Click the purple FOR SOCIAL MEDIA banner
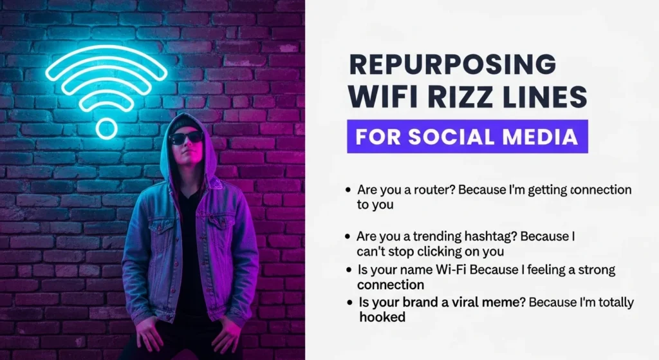point(467,137)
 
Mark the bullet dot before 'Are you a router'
point(348,191)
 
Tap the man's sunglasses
point(186,137)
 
